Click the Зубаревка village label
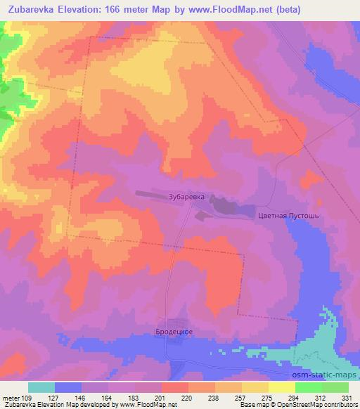coord(187,197)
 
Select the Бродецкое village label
coord(174,330)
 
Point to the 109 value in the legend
coord(27,398)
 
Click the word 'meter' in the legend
coord(10,398)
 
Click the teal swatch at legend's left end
coord(41,387)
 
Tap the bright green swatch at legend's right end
coord(335,387)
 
